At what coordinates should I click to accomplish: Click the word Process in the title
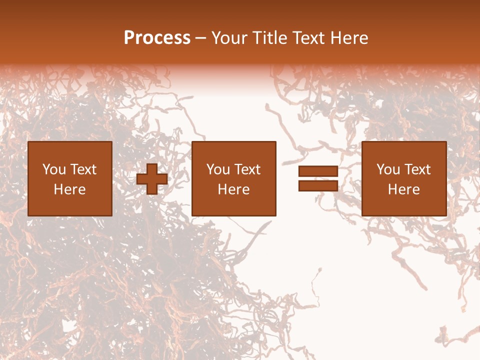click(x=157, y=38)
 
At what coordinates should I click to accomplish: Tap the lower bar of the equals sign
click(x=318, y=185)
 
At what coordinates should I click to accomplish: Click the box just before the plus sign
click(x=70, y=178)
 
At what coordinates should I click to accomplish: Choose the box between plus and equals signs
click(x=234, y=178)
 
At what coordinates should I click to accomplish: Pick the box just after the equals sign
click(x=404, y=178)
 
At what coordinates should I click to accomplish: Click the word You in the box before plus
click(x=53, y=169)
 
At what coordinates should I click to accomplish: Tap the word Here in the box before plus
click(x=70, y=189)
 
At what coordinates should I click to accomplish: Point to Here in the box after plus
click(x=234, y=189)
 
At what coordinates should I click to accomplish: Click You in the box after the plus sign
click(x=218, y=169)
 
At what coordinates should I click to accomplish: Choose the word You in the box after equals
click(x=388, y=169)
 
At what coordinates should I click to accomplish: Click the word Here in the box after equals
click(x=404, y=189)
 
